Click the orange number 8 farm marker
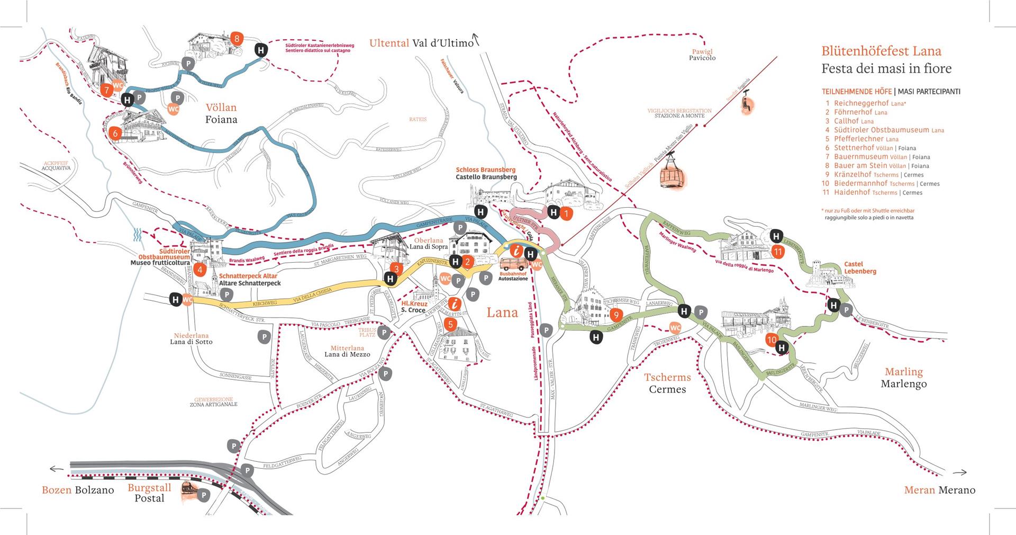pyautogui.click(x=237, y=38)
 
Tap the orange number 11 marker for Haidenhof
pyautogui.click(x=777, y=252)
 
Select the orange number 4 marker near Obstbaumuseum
pyautogui.click(x=199, y=270)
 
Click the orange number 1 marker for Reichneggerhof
pyautogui.click(x=566, y=214)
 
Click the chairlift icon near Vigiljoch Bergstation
pyautogui.click(x=747, y=103)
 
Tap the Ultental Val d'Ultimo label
pyautogui.click(x=421, y=43)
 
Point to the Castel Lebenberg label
pyautogui.click(x=859, y=267)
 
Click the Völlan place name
pyautogui.click(x=221, y=108)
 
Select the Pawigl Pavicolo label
pyautogui.click(x=702, y=55)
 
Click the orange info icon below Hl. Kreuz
pyautogui.click(x=454, y=304)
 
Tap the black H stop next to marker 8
pyautogui.click(x=261, y=50)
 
